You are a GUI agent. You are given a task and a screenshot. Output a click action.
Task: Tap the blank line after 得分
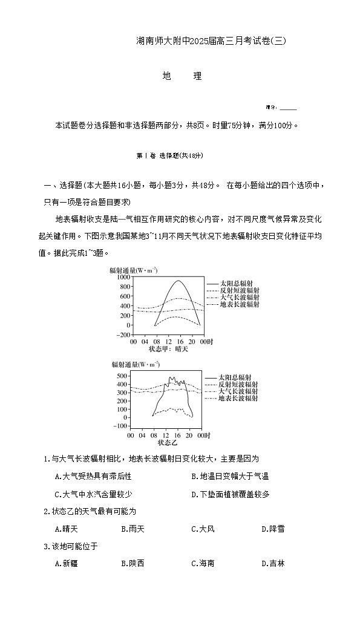[289, 108]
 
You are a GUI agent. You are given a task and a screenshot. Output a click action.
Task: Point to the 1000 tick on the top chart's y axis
[124, 276]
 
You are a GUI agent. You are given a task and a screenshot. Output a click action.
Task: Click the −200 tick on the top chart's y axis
[123, 334]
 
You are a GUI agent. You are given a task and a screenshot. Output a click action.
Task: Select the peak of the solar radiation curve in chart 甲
[178, 281]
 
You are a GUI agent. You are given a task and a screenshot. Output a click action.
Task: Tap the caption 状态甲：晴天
[169, 349]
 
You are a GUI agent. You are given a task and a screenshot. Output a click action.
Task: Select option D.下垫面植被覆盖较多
[230, 494]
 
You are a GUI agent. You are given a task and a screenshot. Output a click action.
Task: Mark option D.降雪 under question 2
[273, 529]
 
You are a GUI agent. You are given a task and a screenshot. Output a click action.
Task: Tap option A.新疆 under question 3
[66, 563]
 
